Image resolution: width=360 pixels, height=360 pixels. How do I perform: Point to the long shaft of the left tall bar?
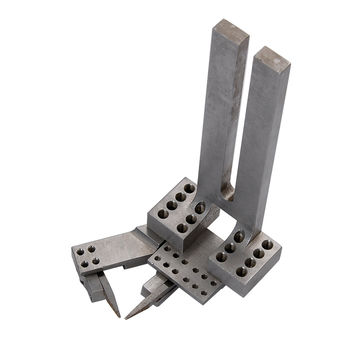click(x=225, y=110)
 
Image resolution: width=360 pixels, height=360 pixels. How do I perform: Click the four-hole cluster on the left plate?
click(x=87, y=257)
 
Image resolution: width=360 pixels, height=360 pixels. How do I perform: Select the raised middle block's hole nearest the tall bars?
click(x=201, y=208)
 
